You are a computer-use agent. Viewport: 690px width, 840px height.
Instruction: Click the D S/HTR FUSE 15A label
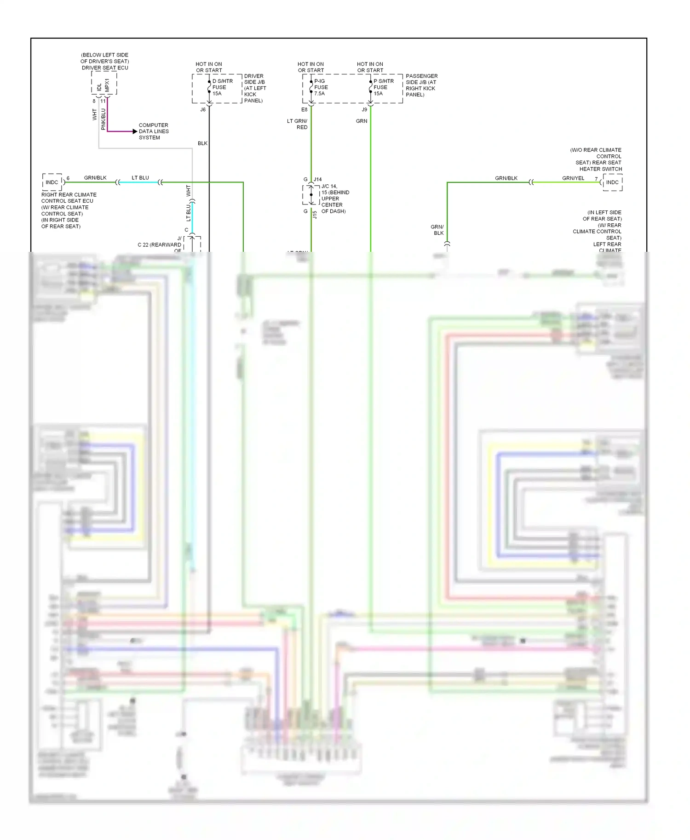tap(222, 87)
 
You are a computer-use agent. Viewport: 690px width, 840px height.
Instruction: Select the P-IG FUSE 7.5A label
tap(321, 87)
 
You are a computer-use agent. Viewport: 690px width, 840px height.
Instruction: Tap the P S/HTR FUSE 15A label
tap(383, 87)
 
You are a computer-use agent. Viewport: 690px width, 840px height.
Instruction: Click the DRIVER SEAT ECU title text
tap(105, 68)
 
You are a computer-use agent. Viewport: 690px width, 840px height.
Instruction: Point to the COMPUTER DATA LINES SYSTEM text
tap(153, 131)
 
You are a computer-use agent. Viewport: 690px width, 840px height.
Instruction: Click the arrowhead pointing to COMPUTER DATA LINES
tap(135, 131)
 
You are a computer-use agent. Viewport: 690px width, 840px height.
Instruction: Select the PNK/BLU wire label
tap(103, 119)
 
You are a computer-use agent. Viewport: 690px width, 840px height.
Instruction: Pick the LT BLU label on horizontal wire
tap(140, 178)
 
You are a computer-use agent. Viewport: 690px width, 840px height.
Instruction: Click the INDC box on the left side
tap(52, 182)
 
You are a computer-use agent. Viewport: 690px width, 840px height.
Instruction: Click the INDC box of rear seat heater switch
tap(612, 182)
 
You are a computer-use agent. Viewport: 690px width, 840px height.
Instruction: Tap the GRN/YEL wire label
tap(573, 178)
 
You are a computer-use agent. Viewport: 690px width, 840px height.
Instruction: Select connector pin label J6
tap(203, 110)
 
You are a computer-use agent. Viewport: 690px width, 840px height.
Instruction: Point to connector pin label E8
tap(304, 110)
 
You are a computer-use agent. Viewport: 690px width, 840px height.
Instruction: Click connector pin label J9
tap(364, 110)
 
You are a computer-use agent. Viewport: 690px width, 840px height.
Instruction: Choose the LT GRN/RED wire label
tap(297, 124)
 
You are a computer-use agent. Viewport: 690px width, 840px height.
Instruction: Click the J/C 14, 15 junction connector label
tap(335, 199)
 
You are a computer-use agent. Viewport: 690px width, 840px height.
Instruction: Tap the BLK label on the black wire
tap(202, 143)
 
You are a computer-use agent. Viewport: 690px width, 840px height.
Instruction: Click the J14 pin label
tap(317, 180)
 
